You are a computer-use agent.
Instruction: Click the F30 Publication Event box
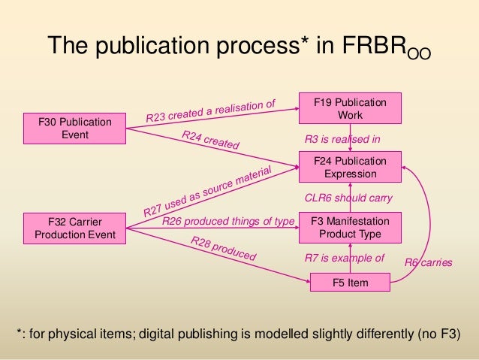click(x=74, y=129)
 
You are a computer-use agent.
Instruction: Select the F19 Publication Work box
click(x=350, y=108)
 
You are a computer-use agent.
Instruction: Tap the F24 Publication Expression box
click(x=350, y=167)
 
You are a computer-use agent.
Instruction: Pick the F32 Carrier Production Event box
click(x=74, y=228)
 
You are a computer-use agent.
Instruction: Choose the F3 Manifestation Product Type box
click(x=350, y=227)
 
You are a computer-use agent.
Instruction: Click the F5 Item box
click(x=350, y=283)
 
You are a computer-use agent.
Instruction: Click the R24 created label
click(x=210, y=140)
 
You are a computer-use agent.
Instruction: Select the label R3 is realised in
click(x=342, y=139)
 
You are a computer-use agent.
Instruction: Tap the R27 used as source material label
click(x=206, y=189)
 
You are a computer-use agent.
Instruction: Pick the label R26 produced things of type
click(x=228, y=221)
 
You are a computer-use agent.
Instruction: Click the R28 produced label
click(x=223, y=249)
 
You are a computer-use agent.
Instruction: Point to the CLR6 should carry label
click(x=348, y=198)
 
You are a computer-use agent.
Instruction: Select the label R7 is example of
click(x=344, y=258)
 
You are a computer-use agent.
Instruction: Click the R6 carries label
click(x=429, y=262)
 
